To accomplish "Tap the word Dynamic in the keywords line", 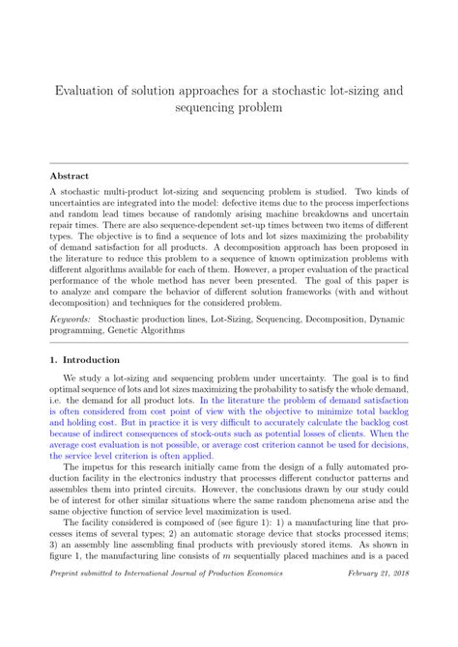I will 386,317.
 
